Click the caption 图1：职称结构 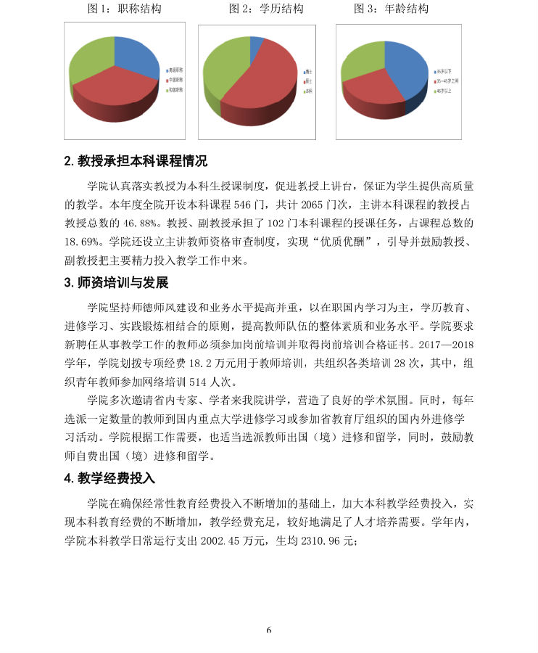click(124, 9)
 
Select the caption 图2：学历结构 click(266, 9)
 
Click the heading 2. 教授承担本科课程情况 click(136, 162)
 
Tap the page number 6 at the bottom click(268, 630)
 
